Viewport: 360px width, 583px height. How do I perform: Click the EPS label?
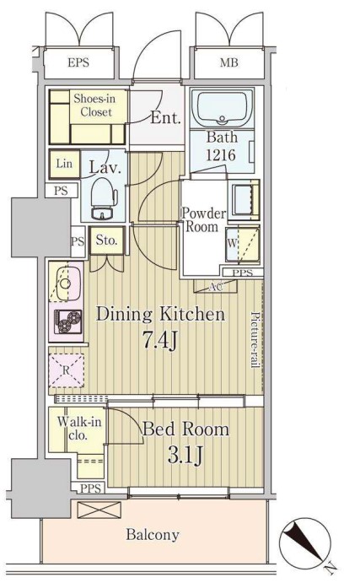tap(78, 62)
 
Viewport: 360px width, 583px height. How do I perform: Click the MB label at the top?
tap(228, 62)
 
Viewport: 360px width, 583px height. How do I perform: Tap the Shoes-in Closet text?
tap(95, 105)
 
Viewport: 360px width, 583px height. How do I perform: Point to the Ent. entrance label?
tap(166, 118)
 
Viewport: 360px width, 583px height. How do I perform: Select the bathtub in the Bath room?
tap(222, 108)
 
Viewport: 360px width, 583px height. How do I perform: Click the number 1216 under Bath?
tap(221, 154)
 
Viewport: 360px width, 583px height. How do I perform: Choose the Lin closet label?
tap(64, 163)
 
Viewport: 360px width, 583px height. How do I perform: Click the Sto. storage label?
tap(106, 240)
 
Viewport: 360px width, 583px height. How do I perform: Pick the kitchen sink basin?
tap(66, 283)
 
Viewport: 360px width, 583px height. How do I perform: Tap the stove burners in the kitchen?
tap(68, 321)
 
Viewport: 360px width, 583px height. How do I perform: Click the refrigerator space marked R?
tap(66, 370)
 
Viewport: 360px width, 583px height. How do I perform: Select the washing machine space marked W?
tap(243, 244)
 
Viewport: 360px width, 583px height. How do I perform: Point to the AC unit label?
tap(216, 286)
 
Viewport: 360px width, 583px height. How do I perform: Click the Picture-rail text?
tap(255, 339)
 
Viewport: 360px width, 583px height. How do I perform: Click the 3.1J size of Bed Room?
tap(185, 455)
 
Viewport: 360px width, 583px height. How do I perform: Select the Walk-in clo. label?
tap(78, 428)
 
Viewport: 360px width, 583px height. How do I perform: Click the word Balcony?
tap(153, 535)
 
